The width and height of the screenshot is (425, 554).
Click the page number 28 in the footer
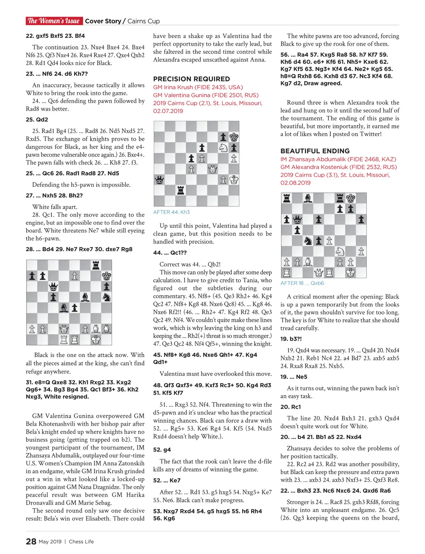point(31,541)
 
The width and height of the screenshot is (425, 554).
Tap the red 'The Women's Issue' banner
point(54,21)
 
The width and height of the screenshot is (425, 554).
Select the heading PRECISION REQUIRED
point(191,79)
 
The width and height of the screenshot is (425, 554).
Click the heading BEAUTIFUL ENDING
point(315,151)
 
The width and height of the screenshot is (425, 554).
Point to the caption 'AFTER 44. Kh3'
point(171,212)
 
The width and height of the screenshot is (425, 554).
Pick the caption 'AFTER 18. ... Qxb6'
point(302,283)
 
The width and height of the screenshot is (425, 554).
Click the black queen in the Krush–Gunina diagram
point(159,180)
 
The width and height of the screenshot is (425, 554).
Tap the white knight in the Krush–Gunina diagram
point(223,148)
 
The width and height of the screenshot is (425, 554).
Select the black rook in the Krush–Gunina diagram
point(181,190)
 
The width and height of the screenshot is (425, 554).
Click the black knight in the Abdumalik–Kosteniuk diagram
point(308,241)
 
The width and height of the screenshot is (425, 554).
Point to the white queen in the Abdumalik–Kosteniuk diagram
point(319,273)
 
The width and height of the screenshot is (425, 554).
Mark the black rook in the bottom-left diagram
point(96,265)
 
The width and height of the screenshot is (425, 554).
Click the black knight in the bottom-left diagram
point(106,297)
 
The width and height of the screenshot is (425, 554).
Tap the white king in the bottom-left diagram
point(96,340)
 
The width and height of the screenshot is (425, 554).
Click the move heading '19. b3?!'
point(291,339)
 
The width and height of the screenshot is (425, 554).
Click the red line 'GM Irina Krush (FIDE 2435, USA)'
point(198,87)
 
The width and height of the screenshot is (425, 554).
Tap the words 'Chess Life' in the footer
point(81,542)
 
